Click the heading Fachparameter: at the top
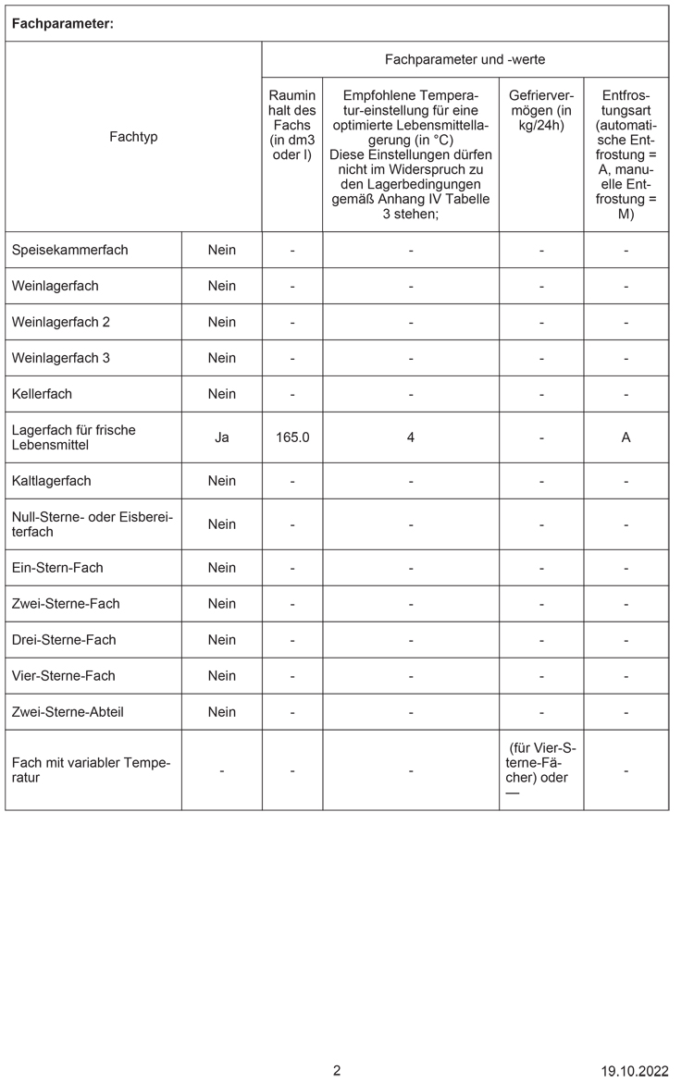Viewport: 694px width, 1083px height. click(62, 24)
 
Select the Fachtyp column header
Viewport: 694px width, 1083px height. click(133, 136)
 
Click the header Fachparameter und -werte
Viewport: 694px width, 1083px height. click(465, 59)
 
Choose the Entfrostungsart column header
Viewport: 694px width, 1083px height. click(626, 154)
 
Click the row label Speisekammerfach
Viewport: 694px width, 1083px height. click(70, 250)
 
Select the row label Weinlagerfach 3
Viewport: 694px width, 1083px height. click(61, 358)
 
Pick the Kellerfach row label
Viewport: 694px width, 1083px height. click(42, 394)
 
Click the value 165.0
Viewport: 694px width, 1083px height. click(292, 437)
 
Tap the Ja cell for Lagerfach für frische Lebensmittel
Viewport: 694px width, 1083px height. click(222, 437)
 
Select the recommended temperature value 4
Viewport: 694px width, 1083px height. click(410, 437)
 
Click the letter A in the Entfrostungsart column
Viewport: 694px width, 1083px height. click(626, 437)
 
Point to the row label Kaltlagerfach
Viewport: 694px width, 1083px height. click(52, 481)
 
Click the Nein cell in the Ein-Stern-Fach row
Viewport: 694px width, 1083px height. click(222, 568)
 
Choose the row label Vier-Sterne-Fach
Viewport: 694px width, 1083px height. click(64, 676)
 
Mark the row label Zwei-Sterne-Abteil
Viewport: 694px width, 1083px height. click(68, 712)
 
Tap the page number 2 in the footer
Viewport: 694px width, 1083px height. click(337, 1071)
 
